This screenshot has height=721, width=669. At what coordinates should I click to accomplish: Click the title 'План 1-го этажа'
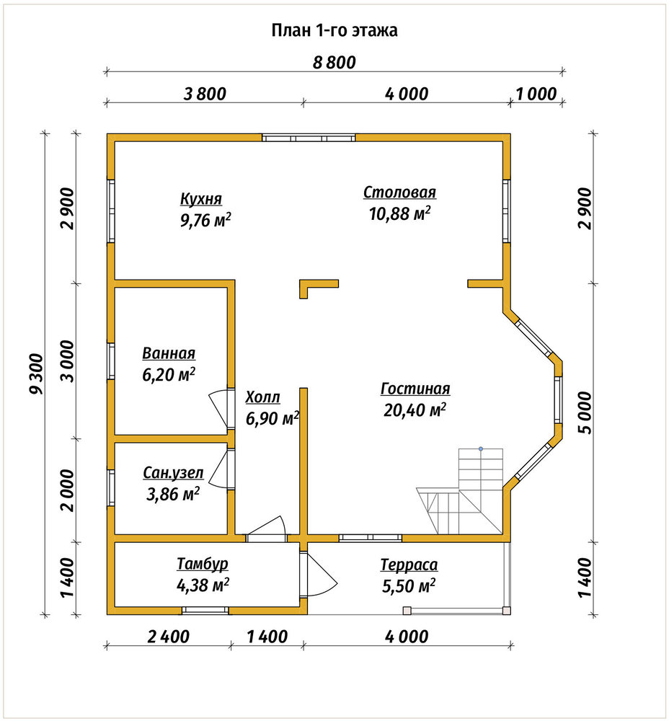[x=334, y=30]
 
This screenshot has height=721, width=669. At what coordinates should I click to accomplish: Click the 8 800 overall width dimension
[x=334, y=63]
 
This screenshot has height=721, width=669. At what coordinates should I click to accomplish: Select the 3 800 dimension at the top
[x=205, y=94]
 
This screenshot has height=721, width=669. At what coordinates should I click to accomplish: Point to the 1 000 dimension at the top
[x=536, y=94]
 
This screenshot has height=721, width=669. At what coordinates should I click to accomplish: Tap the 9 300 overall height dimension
[x=36, y=373]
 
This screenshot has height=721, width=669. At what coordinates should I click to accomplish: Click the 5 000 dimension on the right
[x=585, y=413]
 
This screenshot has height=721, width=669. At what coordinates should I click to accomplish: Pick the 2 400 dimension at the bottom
[x=168, y=637]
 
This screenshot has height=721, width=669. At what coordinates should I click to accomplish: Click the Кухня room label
[x=201, y=199]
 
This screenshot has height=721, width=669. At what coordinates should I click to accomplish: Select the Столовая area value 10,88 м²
[x=400, y=213]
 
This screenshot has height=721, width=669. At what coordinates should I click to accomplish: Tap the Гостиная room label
[x=415, y=389]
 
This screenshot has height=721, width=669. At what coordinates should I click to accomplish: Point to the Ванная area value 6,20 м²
[x=169, y=375]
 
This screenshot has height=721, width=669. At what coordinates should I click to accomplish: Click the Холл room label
[x=262, y=397]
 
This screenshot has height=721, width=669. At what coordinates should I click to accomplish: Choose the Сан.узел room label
[x=173, y=473]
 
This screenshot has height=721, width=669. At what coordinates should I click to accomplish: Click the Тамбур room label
[x=203, y=564]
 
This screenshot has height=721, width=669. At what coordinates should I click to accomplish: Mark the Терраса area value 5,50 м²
[x=409, y=585]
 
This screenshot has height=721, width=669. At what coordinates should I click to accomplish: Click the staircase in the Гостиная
[x=460, y=490]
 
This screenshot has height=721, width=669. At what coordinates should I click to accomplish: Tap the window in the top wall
[x=309, y=138]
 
